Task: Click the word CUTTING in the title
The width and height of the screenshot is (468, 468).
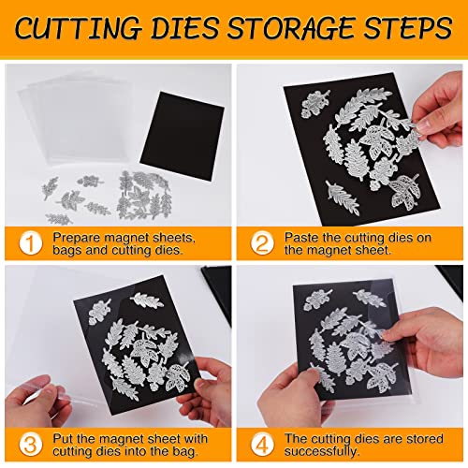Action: [91, 30]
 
